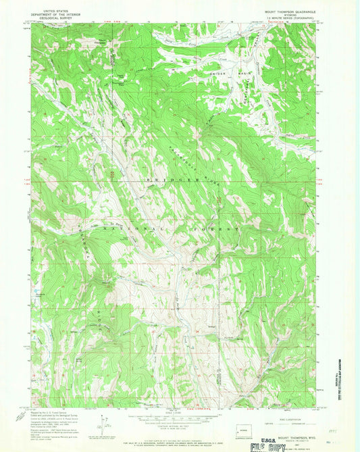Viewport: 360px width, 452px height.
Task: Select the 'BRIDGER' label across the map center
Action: pos(162,180)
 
